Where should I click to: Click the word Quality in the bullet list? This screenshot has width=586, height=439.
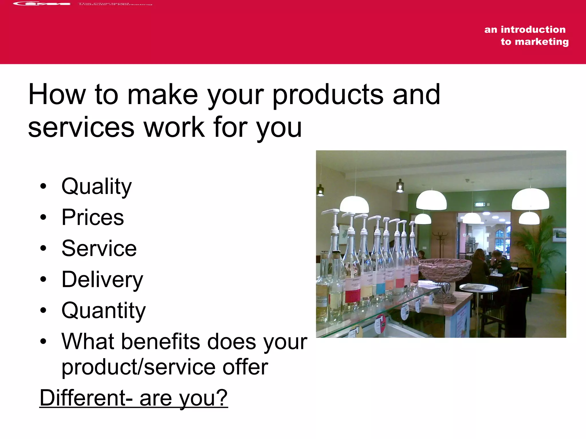click(96, 186)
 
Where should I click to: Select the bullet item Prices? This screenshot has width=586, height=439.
click(92, 217)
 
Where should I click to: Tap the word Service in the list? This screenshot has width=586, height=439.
click(99, 248)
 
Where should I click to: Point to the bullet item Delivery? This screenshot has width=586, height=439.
click(102, 280)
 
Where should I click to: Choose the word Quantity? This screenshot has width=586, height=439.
click(103, 311)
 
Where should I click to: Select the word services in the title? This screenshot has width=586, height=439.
click(81, 127)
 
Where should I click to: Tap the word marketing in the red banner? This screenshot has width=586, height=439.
click(542, 42)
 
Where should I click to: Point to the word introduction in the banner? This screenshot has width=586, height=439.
click(533, 29)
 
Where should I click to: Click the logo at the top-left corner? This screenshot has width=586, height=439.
click(41, 4)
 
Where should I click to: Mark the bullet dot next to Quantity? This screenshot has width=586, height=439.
click(43, 310)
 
